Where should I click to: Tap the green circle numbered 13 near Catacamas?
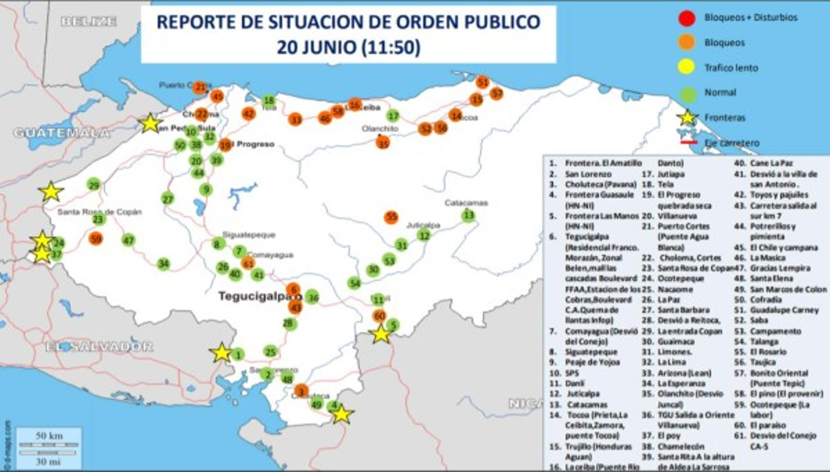coord(469,215)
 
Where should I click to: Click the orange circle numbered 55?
coord(392,217)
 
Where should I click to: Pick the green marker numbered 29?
coord(93,185)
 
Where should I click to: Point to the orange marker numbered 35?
coord(382,143)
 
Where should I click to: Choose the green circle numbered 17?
coord(394,116)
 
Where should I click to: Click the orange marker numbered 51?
coord(483,82)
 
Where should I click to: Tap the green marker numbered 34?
coord(163,264)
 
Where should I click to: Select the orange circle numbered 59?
coord(96,239)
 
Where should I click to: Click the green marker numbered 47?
coord(128,240)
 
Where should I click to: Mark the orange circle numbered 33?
coord(295,120)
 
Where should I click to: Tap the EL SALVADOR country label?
coord(99,346)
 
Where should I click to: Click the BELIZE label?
coord(89,21)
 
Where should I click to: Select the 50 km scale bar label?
coord(49,435)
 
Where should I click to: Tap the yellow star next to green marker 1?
coord(221,353)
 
